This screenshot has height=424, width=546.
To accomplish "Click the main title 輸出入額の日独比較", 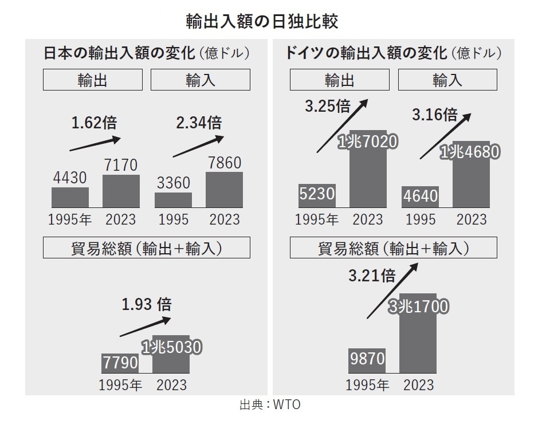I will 262,21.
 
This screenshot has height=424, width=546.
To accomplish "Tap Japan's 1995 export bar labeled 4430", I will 70,197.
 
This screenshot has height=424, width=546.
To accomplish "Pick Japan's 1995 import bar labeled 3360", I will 173,200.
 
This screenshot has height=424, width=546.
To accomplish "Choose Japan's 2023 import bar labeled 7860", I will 224,190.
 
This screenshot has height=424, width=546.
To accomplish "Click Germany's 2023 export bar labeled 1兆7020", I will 368,172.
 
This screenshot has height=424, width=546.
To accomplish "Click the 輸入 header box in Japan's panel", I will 200,80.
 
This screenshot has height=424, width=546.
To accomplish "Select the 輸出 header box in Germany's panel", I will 339,80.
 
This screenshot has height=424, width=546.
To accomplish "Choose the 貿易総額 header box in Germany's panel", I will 393,248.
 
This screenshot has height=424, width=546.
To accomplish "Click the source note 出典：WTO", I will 269,405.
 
